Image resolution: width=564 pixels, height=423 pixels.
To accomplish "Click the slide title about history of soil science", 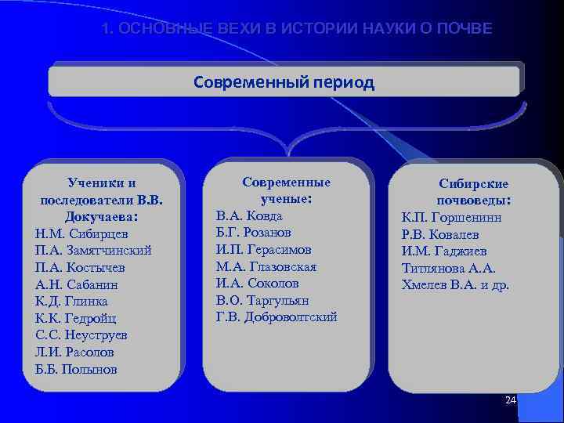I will pos(298,29).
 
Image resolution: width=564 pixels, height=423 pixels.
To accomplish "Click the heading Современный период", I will pos(284,82).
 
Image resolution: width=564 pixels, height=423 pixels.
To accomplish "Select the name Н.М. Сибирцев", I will pos(81,233).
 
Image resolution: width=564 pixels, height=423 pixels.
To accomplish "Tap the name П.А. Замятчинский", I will pos(93,250).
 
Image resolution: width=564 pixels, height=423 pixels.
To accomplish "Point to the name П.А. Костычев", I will pos(80,267).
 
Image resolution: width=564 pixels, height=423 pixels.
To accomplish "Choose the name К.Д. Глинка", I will pos(71,301).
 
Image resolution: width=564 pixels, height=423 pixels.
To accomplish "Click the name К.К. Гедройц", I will pos(77,318).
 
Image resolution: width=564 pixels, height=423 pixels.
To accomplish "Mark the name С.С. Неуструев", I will pos(81,335).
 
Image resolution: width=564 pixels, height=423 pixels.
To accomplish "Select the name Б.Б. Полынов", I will pos(76,369).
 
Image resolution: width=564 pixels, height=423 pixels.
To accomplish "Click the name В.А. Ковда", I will pos(248,215).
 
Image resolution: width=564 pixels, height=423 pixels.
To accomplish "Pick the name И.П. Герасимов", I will pos(263,249).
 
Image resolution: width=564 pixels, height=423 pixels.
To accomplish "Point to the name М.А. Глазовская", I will pos(266,266).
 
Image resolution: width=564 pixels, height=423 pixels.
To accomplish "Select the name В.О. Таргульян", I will pos(262,300).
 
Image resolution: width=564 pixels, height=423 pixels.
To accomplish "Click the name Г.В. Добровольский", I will pos(276,317).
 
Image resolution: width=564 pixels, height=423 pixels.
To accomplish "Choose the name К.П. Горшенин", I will pos(451,217).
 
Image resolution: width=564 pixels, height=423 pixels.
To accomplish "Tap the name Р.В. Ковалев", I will pos(439,234).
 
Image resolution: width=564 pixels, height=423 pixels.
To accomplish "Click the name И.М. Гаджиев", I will pos(443,251).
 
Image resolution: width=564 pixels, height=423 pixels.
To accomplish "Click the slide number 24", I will pos(511,400).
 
